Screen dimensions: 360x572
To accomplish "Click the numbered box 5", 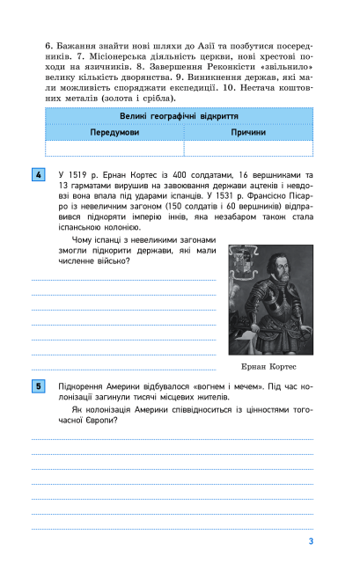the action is [x=38, y=385].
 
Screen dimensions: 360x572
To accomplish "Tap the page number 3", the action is [x=311, y=541].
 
